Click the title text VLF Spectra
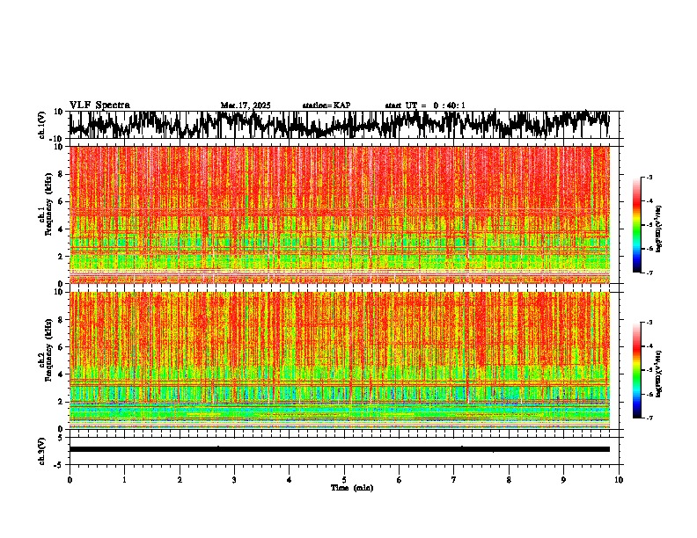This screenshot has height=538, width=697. tap(99, 105)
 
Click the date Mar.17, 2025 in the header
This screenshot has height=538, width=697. tap(246, 105)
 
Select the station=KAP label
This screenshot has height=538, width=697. tap(326, 105)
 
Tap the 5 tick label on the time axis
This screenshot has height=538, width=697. tap(344, 480)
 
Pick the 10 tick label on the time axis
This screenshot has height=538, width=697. tap(619, 480)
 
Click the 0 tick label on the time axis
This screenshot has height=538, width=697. tap(70, 480)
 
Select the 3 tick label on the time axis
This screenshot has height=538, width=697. tap(234, 480)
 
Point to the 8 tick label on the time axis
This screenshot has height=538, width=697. tap(509, 480)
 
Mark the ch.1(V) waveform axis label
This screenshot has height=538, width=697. tap(41, 126)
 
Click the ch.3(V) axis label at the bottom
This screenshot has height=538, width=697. tap(41, 449)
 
